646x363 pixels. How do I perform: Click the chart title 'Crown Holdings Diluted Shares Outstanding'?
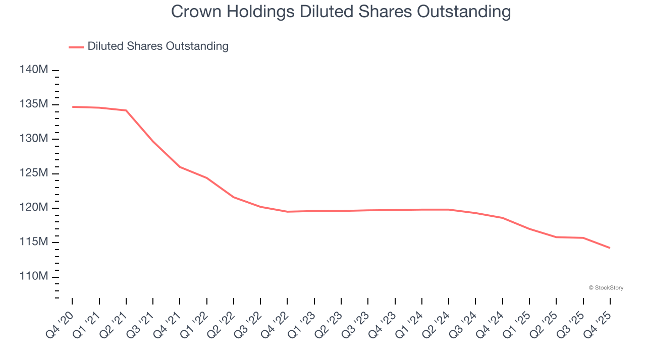pyautogui.click(x=341, y=12)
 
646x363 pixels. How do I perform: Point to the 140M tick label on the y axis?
pyautogui.click(x=34, y=70)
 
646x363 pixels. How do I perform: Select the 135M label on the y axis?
pyautogui.click(x=34, y=104)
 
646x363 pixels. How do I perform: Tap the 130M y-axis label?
pyautogui.click(x=34, y=139)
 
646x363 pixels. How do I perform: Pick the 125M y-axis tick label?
pyautogui.click(x=34, y=173)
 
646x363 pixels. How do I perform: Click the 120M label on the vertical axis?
pyautogui.click(x=34, y=208)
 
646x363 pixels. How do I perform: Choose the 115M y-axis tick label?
pyautogui.click(x=34, y=242)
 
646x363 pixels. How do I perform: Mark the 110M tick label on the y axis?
pyautogui.click(x=34, y=277)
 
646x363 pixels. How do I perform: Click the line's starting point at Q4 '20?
pyautogui.click(x=72, y=107)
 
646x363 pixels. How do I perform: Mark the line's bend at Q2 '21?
pyautogui.click(x=126, y=110)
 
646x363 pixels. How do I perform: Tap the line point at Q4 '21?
pyautogui.click(x=180, y=167)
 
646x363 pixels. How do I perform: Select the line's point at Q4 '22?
pyautogui.click(x=287, y=212)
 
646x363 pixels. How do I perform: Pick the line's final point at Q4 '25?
pyautogui.click(x=610, y=248)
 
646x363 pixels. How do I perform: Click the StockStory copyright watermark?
pyautogui.click(x=606, y=288)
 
